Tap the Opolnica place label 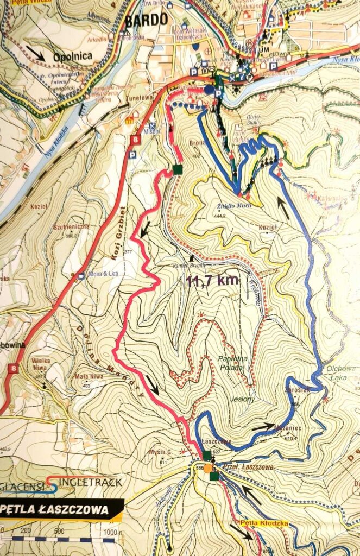(x=73, y=56)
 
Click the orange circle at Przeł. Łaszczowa (x=207, y=468)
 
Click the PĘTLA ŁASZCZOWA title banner (x=60, y=510)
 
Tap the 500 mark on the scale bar (x=59, y=531)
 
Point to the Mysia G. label (x=157, y=452)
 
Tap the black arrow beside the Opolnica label (x=36, y=53)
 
